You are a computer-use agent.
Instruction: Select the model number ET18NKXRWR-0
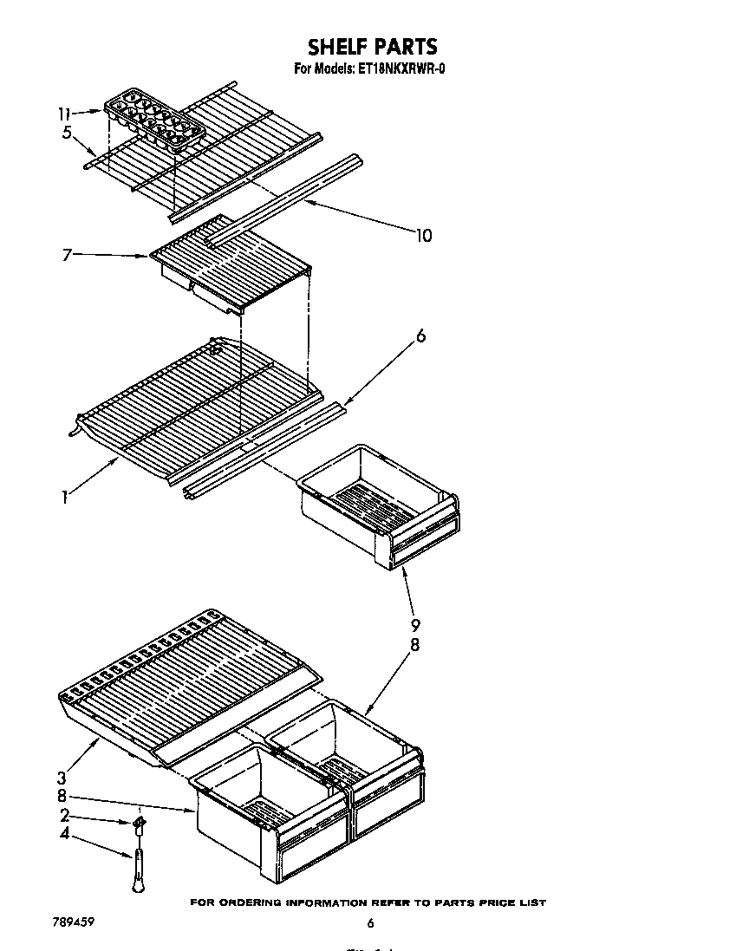pyautogui.click(x=402, y=69)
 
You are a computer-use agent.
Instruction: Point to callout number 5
pyautogui.click(x=66, y=133)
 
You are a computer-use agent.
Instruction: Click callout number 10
pyautogui.click(x=423, y=235)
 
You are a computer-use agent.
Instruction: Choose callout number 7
pyautogui.click(x=66, y=255)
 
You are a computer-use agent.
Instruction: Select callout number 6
pyautogui.click(x=420, y=336)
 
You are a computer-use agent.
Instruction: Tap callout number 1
pyautogui.click(x=64, y=497)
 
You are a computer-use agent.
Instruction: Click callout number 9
pyautogui.click(x=415, y=625)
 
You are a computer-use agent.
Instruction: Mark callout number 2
pyautogui.click(x=64, y=815)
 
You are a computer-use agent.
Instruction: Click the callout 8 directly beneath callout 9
pyautogui.click(x=415, y=645)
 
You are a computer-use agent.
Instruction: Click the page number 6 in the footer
pyautogui.click(x=370, y=923)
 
